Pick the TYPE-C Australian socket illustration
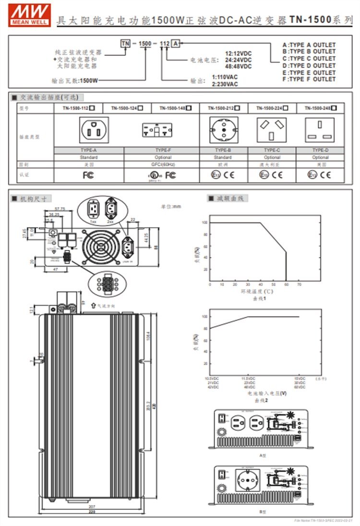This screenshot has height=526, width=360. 272,130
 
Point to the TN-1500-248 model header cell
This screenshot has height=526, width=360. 320,109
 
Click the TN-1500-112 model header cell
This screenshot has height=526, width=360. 78,109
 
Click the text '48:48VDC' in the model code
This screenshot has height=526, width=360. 239,67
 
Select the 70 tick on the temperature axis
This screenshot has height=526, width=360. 299,285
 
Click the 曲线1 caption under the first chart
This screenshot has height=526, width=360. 260,298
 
